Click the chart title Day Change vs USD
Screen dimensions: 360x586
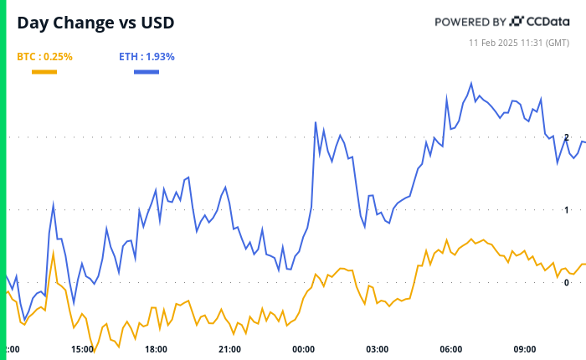(96, 23)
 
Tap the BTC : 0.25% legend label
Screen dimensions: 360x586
(44, 57)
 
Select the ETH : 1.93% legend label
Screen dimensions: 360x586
(146, 57)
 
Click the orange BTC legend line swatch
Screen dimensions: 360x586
(44, 72)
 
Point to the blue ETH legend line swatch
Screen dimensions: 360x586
(146, 72)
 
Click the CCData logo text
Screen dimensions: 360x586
(549, 21)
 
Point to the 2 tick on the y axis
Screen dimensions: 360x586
(567, 137)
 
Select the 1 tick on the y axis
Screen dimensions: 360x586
(567, 210)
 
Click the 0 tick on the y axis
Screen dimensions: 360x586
(567, 283)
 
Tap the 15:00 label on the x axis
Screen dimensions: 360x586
(82, 349)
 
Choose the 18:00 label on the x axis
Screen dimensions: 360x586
(156, 349)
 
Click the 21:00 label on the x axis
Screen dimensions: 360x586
(229, 349)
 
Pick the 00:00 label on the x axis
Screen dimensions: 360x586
(303, 349)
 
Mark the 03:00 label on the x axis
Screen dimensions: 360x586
(377, 349)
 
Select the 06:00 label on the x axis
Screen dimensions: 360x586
(450, 349)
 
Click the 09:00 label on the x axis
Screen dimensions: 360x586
(524, 349)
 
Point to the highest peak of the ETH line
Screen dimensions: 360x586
(471, 83)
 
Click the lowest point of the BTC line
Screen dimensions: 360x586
(94, 352)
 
